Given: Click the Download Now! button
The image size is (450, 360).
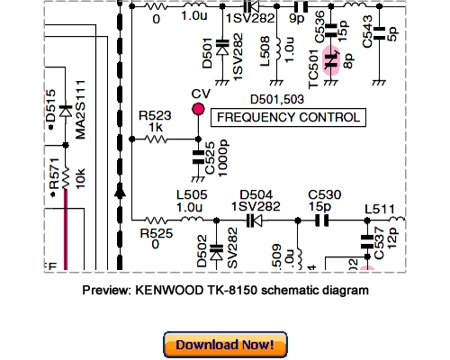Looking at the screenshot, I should pyautogui.click(x=225, y=344).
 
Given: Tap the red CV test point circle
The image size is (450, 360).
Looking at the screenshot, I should pyautogui.click(x=198, y=110).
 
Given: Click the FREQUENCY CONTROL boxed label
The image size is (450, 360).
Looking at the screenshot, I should pyautogui.click(x=286, y=118).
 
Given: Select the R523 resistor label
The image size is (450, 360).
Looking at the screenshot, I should pyautogui.click(x=155, y=116).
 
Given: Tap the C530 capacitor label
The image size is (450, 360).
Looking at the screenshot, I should pyautogui.click(x=323, y=192).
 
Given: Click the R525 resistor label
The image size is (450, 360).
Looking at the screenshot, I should pyautogui.click(x=155, y=232).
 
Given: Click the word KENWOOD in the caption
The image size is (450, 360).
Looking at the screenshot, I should pyautogui.click(x=166, y=292).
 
